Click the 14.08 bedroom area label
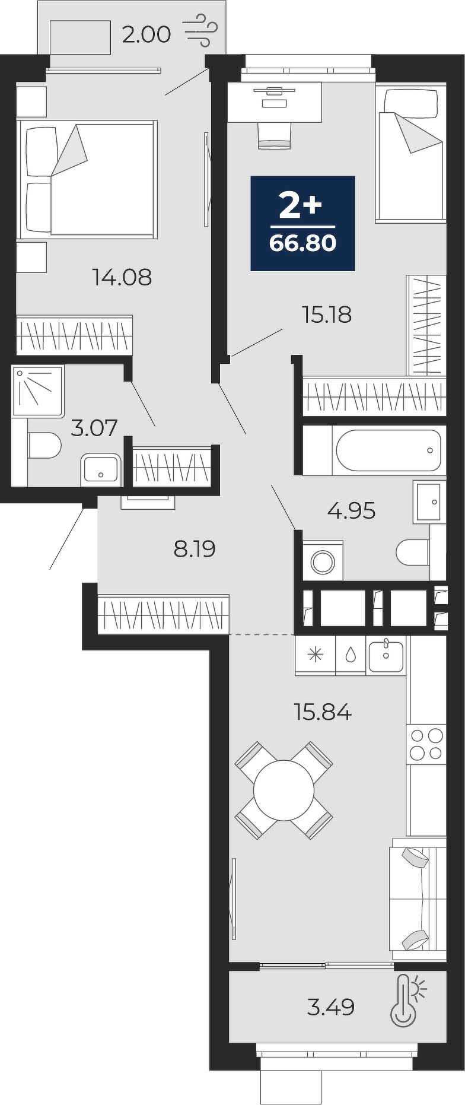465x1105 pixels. point(122,277)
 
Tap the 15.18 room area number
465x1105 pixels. point(327,315)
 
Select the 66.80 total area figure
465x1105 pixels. point(302,243)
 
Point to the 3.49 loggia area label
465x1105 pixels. point(331,1007)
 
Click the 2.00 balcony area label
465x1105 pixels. point(146,34)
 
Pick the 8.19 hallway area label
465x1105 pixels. point(195,549)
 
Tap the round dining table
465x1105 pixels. point(284,790)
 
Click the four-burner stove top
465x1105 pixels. point(426,744)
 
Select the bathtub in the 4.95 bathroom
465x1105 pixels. point(388,450)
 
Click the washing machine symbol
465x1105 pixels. point(323,561)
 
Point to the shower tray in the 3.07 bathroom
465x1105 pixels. point(38,391)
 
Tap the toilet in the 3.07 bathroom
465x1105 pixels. point(44,446)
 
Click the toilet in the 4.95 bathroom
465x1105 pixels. point(413,552)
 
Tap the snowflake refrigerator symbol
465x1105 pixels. point(315,655)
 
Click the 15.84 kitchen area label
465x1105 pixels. point(323,711)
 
